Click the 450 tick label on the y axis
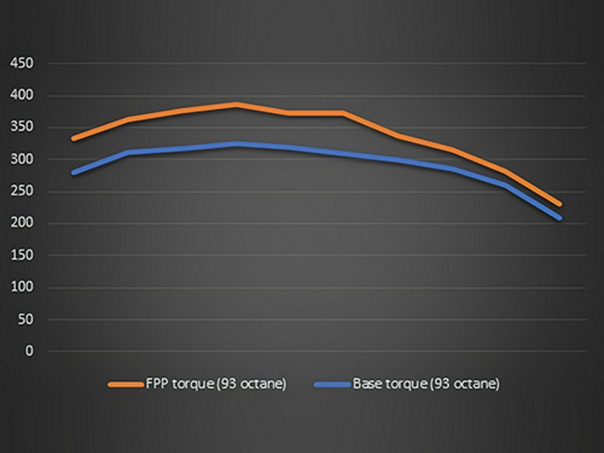(22, 63)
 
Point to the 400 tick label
(22, 96)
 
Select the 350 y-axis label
(22, 127)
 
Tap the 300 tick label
(22, 160)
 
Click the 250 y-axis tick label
(22, 191)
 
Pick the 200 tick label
(22, 223)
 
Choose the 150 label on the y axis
(22, 255)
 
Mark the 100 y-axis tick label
(22, 287)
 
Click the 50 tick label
(25, 319)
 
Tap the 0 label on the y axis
(29, 351)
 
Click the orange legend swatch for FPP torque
(125, 385)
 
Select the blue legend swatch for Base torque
(332, 385)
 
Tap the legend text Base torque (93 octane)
(426, 384)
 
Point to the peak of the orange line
(236, 105)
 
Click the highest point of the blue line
(236, 144)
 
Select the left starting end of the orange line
(73, 138)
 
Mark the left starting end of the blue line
(74, 173)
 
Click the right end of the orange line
(560, 204)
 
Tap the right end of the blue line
(560, 218)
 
